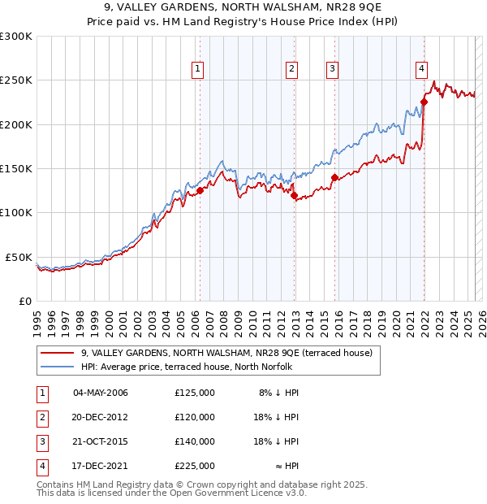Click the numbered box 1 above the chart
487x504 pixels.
[199, 69]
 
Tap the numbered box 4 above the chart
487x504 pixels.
[422, 69]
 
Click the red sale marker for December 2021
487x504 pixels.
[424, 102]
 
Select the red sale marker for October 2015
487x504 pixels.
[334, 176]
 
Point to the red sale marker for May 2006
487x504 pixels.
[200, 190]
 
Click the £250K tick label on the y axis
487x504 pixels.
[16, 80]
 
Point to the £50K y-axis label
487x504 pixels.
[19, 257]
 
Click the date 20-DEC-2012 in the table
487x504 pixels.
[101, 417]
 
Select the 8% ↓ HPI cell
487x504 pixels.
[279, 393]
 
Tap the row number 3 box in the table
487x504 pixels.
[41, 441]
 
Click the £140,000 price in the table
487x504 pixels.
[195, 441]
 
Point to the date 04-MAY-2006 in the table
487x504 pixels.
[101, 393]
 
